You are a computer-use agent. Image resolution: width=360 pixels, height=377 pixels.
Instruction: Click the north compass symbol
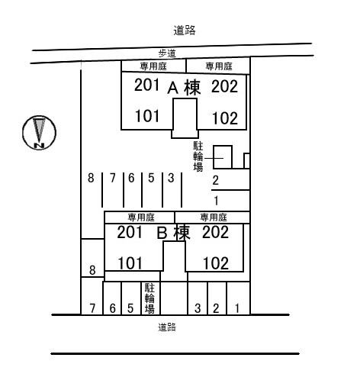click(x=39, y=133)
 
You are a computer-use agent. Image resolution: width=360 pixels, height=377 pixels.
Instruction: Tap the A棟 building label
click(x=184, y=88)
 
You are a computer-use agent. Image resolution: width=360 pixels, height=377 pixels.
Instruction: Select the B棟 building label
click(x=173, y=233)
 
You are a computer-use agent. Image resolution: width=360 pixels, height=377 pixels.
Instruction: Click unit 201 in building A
click(x=146, y=85)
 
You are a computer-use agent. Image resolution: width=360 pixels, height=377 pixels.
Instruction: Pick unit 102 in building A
click(x=225, y=118)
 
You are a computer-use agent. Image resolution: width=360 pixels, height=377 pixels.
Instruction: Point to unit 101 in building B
click(x=130, y=263)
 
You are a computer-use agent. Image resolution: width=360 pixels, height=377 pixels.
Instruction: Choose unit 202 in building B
click(x=216, y=232)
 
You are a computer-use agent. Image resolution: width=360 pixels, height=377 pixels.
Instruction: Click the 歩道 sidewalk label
click(x=167, y=53)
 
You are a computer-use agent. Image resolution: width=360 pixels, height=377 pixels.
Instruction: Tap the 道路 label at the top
click(x=185, y=31)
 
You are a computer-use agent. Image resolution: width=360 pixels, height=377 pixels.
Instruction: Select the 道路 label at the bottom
click(x=167, y=327)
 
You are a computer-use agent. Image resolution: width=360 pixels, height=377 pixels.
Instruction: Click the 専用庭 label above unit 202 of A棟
click(x=219, y=66)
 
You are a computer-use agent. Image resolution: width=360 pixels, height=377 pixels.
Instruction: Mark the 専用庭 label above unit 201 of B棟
click(x=141, y=217)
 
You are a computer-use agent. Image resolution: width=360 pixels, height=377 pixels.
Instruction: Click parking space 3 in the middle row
click(x=171, y=178)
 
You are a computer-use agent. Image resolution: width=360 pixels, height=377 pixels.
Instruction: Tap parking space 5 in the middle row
click(x=151, y=178)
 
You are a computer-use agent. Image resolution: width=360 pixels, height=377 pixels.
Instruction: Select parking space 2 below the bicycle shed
click(x=216, y=180)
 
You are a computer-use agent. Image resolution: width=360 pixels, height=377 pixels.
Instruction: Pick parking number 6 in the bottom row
click(x=112, y=308)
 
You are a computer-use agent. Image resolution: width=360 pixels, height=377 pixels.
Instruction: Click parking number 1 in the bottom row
click(x=237, y=308)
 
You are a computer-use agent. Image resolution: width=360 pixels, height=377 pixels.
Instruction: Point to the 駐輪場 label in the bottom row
click(x=149, y=298)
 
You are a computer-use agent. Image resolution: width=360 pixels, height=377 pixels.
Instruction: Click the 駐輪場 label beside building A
click(x=198, y=156)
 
